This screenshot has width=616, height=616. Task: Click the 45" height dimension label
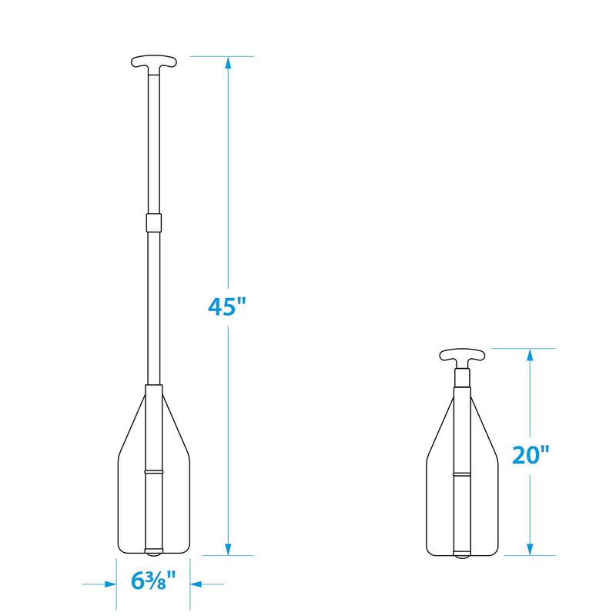(x=226, y=306)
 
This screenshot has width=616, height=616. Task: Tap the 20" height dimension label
(x=531, y=455)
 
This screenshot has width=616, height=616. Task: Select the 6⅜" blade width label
(x=153, y=581)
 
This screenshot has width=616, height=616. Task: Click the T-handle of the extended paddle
(x=153, y=63)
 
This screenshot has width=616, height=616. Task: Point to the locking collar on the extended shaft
(x=153, y=223)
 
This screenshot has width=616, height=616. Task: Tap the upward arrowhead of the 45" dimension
(x=228, y=64)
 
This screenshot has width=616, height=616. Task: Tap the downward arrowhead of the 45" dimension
(x=228, y=548)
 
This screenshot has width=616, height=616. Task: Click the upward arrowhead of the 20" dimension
(x=530, y=356)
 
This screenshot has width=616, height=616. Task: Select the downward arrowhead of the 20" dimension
(x=530, y=548)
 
